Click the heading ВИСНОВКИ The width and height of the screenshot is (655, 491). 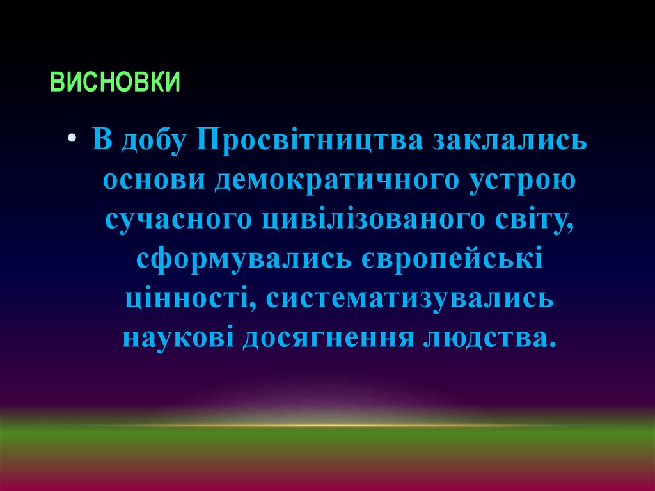coord(114,83)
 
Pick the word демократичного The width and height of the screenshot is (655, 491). coord(334,181)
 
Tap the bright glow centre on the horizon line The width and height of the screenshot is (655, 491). coord(327,424)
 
